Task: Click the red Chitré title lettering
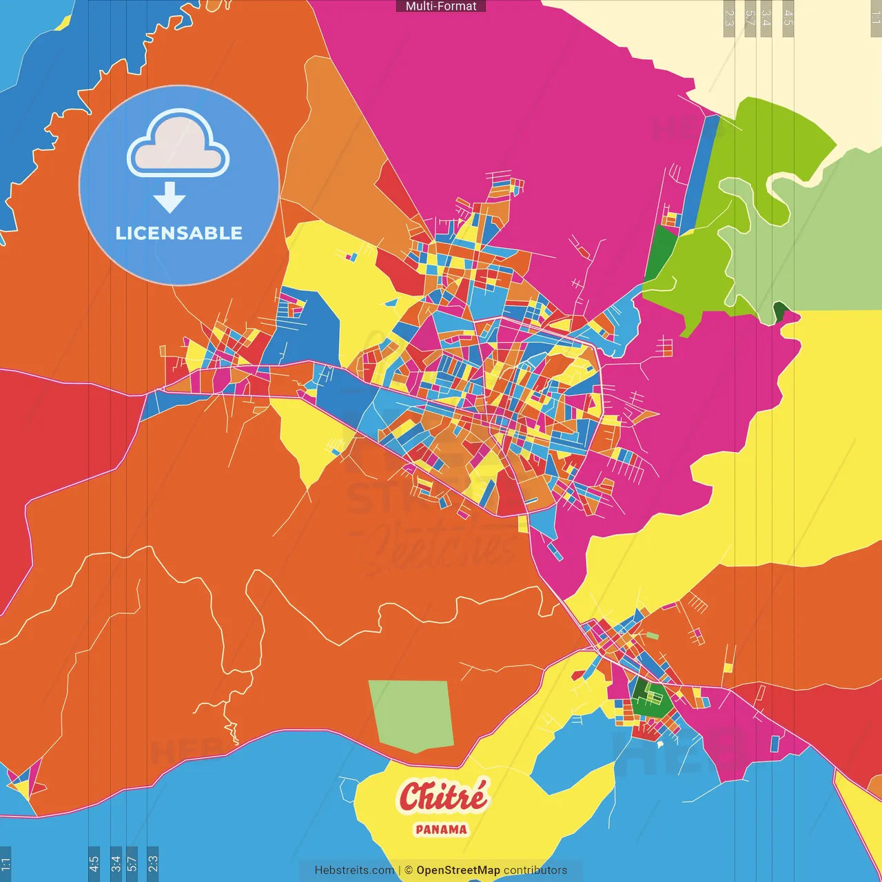[442, 797]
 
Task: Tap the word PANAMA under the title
[441, 830]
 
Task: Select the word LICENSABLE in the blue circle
[178, 233]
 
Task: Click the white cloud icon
[178, 145]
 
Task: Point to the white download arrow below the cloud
[170, 198]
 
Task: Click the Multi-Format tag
[441, 6]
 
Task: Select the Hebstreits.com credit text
[354, 870]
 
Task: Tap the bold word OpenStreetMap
[458, 870]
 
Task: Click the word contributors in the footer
[535, 870]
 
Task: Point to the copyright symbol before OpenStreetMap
[409, 870]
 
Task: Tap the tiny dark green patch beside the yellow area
[779, 312]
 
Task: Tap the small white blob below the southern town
[659, 744]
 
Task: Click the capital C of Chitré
[412, 798]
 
